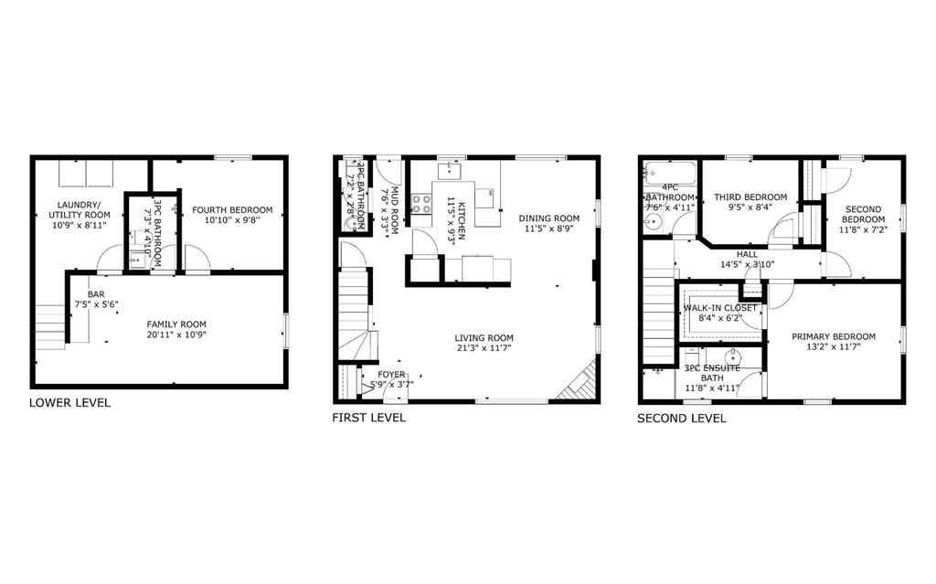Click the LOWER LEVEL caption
pyautogui.click(x=69, y=403)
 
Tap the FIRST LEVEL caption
pyautogui.click(x=368, y=418)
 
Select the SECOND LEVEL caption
pyautogui.click(x=681, y=419)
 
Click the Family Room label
pyautogui.click(x=176, y=324)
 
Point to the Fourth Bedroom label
pyautogui.click(x=232, y=210)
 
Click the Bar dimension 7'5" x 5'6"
pyautogui.click(x=96, y=304)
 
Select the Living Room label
pyautogui.click(x=484, y=337)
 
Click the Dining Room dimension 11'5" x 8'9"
pyautogui.click(x=548, y=229)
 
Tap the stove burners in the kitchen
pyautogui.click(x=422, y=204)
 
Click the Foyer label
pyautogui.click(x=391, y=374)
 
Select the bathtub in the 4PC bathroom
pyautogui.click(x=670, y=175)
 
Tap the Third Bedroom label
pyautogui.click(x=750, y=197)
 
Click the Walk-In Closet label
pyautogui.click(x=720, y=308)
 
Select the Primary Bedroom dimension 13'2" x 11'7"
pyautogui.click(x=833, y=348)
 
